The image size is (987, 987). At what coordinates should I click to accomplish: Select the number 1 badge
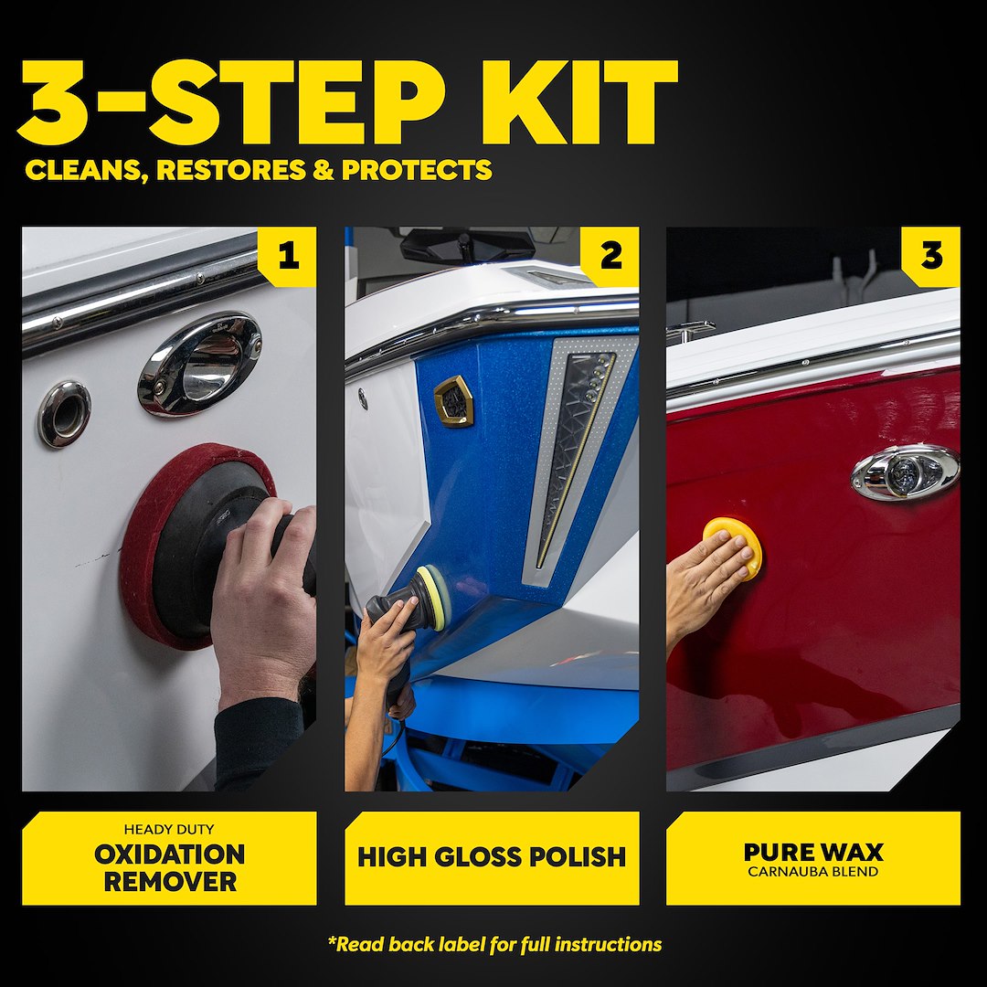pyautogui.click(x=287, y=257)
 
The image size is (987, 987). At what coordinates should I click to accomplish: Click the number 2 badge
pyautogui.click(x=610, y=257)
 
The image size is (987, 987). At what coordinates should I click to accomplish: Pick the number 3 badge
pyautogui.click(x=930, y=257)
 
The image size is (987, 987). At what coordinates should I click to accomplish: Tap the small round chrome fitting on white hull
pyautogui.click(x=65, y=414)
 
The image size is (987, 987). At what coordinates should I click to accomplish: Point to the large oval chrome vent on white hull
pyautogui.click(x=200, y=363)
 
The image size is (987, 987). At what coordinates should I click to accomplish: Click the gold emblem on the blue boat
pyautogui.click(x=453, y=400)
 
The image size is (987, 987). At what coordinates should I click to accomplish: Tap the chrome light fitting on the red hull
pyautogui.click(x=905, y=473)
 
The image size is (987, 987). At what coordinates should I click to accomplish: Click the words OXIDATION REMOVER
pyautogui.click(x=169, y=868)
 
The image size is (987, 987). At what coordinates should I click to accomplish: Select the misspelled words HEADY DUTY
pyautogui.click(x=169, y=830)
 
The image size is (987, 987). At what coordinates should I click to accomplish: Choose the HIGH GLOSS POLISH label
pyautogui.click(x=492, y=857)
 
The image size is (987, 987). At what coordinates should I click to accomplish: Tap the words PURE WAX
pyautogui.click(x=813, y=852)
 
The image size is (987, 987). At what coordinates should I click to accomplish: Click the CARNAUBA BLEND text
pyautogui.click(x=813, y=872)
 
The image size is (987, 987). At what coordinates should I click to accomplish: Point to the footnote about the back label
pyautogui.click(x=493, y=944)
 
